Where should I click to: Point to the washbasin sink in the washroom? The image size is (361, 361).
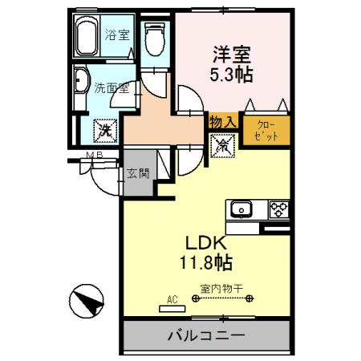82,84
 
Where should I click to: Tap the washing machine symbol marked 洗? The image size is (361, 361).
104,127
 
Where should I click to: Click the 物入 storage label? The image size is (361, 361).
221,121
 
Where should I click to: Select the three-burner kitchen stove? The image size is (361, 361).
278,209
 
